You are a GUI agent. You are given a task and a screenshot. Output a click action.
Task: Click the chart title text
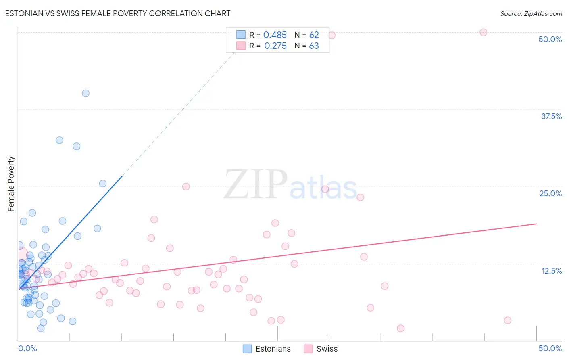click(x=118, y=13)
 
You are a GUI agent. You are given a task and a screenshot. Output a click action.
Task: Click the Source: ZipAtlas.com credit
click(x=531, y=13)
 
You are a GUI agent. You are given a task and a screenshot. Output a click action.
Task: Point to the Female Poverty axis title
click(x=11, y=184)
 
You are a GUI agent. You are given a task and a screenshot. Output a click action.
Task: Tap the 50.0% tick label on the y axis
click(x=550, y=39)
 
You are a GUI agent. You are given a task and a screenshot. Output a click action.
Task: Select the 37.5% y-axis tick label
click(x=551, y=116)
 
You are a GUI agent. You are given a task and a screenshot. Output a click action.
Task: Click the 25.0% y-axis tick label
click(x=550, y=193)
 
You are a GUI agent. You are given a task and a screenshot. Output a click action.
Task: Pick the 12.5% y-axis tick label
click(x=551, y=271)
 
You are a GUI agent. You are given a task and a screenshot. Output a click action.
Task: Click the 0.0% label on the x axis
click(x=27, y=348)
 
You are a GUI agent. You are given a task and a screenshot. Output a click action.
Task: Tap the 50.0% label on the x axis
click(x=550, y=348)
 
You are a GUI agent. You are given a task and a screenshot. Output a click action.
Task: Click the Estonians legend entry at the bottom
click(x=267, y=349)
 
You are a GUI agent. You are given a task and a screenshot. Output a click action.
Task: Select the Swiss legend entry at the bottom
click(x=321, y=349)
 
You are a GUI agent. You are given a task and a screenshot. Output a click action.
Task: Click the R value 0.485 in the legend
click(x=275, y=35)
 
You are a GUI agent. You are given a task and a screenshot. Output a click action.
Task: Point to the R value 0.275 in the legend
click(x=275, y=46)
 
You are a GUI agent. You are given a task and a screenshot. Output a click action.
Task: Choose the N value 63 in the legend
click(x=314, y=46)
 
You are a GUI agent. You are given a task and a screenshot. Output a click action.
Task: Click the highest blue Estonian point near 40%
click(x=85, y=93)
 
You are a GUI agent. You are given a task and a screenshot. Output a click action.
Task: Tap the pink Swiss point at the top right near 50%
click(x=483, y=32)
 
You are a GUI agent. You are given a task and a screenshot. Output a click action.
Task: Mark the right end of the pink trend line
click(x=536, y=224)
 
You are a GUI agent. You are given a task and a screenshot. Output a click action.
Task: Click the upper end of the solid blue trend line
click(x=122, y=176)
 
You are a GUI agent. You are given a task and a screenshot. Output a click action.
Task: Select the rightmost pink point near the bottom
click(x=507, y=320)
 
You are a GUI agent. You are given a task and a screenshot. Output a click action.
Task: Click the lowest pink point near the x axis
click(x=400, y=329)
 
